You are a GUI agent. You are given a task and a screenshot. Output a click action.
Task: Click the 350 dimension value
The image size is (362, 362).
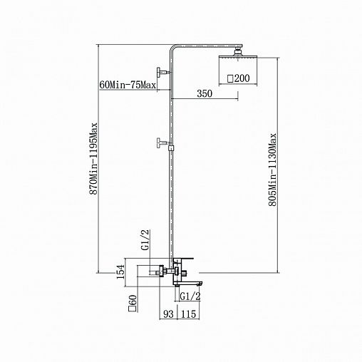pos(205,93)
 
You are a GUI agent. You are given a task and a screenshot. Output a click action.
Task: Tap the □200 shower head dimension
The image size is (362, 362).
pos(239,78)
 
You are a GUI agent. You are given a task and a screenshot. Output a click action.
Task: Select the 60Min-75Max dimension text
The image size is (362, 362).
pos(128,85)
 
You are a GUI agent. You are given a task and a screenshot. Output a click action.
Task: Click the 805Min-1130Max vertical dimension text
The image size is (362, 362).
pos(272,170)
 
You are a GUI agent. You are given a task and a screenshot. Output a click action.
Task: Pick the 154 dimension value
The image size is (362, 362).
pos(121,271)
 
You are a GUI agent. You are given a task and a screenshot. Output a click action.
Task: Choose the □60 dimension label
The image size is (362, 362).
pos(132,303)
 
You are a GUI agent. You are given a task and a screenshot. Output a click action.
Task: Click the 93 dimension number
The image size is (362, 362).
pos(168,314)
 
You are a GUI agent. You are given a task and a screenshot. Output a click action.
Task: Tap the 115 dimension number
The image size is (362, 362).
pos(189,314)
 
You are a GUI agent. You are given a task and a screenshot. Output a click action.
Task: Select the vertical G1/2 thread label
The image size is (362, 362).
pos(145,240)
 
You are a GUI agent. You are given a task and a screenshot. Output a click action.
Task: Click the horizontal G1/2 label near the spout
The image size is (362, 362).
pos(190,296)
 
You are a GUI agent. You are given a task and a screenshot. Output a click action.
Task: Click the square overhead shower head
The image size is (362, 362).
pos(238,58)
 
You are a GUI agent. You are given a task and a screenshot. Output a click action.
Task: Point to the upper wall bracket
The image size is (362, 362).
pos(163,72)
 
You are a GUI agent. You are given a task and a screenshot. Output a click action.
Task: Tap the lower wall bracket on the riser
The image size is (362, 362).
pos(163,143)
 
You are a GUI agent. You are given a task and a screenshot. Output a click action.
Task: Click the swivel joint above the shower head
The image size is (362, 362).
pos(238,52)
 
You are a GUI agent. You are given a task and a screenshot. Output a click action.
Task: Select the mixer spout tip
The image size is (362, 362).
pos(200,284)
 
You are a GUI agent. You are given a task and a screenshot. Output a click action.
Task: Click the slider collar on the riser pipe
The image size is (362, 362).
pos(171,148)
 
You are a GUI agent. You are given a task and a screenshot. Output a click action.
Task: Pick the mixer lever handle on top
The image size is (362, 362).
pos(186,259)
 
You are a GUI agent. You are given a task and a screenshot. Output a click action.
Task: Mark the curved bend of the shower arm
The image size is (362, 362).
pos(172,47)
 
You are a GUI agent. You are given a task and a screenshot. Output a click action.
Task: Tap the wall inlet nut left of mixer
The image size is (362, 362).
pos(162,271)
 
